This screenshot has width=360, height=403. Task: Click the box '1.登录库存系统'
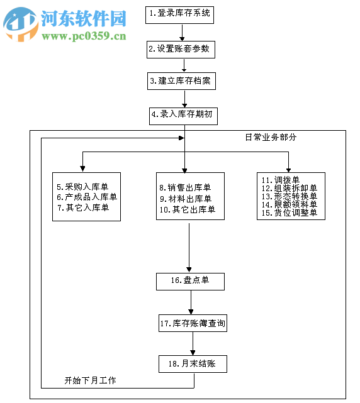pyautogui.click(x=180, y=13)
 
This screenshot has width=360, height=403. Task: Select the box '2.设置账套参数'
pyautogui.click(x=179, y=49)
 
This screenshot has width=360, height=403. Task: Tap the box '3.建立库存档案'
pyautogui.click(x=179, y=81)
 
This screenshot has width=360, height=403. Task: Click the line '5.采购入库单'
pyautogui.click(x=82, y=187)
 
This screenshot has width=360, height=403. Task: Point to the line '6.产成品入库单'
pyautogui.click(x=86, y=197)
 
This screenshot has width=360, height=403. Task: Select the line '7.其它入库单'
pyautogui.click(x=82, y=207)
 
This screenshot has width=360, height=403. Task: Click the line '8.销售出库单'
pyautogui.click(x=185, y=187)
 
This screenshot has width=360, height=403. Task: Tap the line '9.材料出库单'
pyautogui.click(x=185, y=199)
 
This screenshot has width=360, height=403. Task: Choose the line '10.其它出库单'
pyautogui.click(x=187, y=209)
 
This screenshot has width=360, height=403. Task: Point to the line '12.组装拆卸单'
pyautogui.click(x=289, y=188)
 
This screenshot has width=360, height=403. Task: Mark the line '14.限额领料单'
pyautogui.click(x=289, y=204)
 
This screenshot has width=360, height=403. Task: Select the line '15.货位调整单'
pyautogui.click(x=289, y=213)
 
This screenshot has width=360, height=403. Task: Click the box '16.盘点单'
pyautogui.click(x=190, y=281)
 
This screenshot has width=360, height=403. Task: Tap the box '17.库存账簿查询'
pyautogui.click(x=192, y=324)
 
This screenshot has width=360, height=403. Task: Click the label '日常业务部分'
pyautogui.click(x=270, y=137)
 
